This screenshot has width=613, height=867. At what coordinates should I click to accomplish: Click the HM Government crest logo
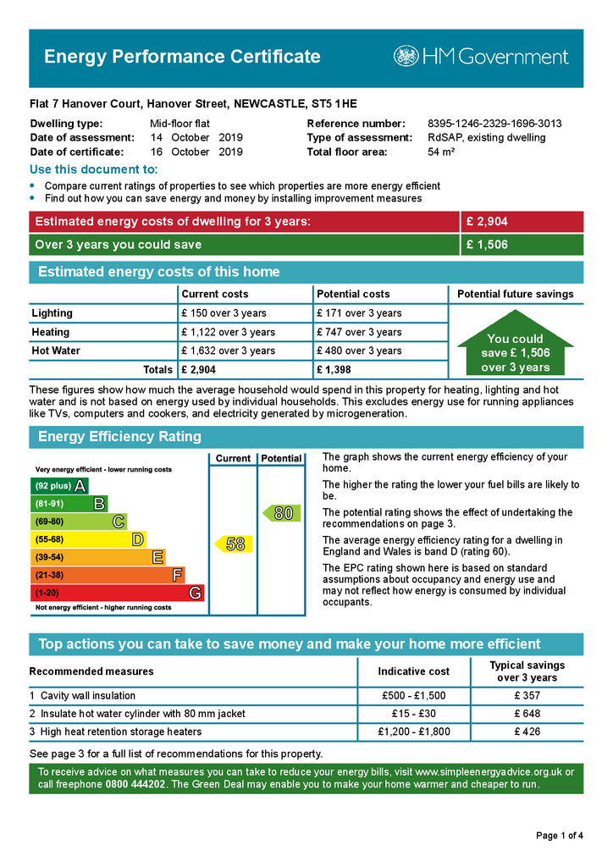point(406,57)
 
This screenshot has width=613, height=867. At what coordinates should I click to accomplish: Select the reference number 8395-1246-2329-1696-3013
point(494,124)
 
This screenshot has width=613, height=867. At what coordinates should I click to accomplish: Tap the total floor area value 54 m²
point(441,152)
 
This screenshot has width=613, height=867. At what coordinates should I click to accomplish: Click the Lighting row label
point(52,313)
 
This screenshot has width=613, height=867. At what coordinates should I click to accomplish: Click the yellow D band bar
point(88,539)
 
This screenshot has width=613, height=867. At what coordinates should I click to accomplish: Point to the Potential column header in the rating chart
point(281,458)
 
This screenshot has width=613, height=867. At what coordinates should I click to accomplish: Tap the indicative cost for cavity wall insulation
point(413,696)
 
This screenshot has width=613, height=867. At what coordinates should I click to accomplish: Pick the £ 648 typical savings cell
point(527,714)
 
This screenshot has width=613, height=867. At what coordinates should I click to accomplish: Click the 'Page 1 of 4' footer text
point(560,837)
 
